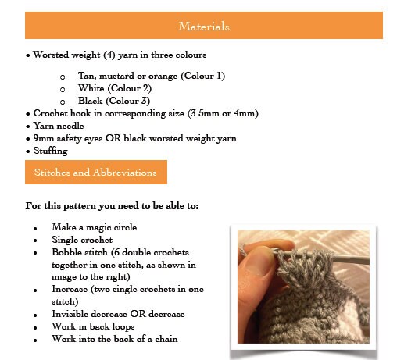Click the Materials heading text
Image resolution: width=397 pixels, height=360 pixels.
coord(203,27)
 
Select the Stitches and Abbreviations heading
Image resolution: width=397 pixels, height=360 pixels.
coord(95,173)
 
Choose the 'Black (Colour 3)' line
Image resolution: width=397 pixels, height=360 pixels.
coord(114,101)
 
